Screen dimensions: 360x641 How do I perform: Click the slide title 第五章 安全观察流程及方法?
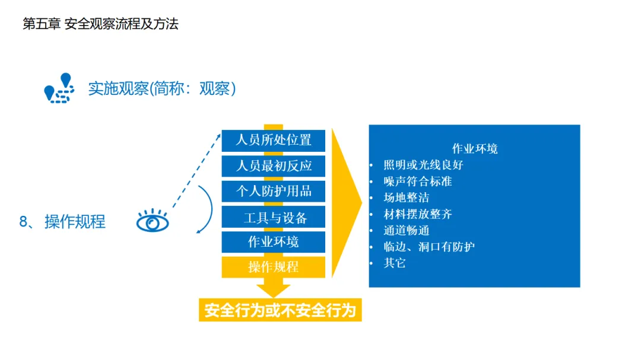point(100,24)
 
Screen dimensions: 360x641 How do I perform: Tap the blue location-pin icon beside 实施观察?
point(59,88)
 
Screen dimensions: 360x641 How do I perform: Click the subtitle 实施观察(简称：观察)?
point(162,88)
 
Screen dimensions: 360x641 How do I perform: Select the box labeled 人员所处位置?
point(274,141)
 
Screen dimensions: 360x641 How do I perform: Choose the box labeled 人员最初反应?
point(274,165)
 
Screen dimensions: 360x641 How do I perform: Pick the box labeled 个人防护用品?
point(274,191)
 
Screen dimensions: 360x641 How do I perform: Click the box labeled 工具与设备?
point(274,217)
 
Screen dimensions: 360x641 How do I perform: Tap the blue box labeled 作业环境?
point(274,242)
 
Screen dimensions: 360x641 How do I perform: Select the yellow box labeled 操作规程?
point(274,267)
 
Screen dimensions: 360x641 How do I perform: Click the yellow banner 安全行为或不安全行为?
point(280,310)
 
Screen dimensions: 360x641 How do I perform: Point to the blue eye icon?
point(153,222)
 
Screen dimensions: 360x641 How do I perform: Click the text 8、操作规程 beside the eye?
point(62,222)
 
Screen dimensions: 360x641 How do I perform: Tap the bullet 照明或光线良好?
point(423,165)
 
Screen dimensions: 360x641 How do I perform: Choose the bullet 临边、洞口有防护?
point(429,247)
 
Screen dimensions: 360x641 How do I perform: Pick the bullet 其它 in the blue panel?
point(395,263)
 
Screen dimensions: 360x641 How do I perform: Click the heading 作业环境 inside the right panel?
point(475,148)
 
